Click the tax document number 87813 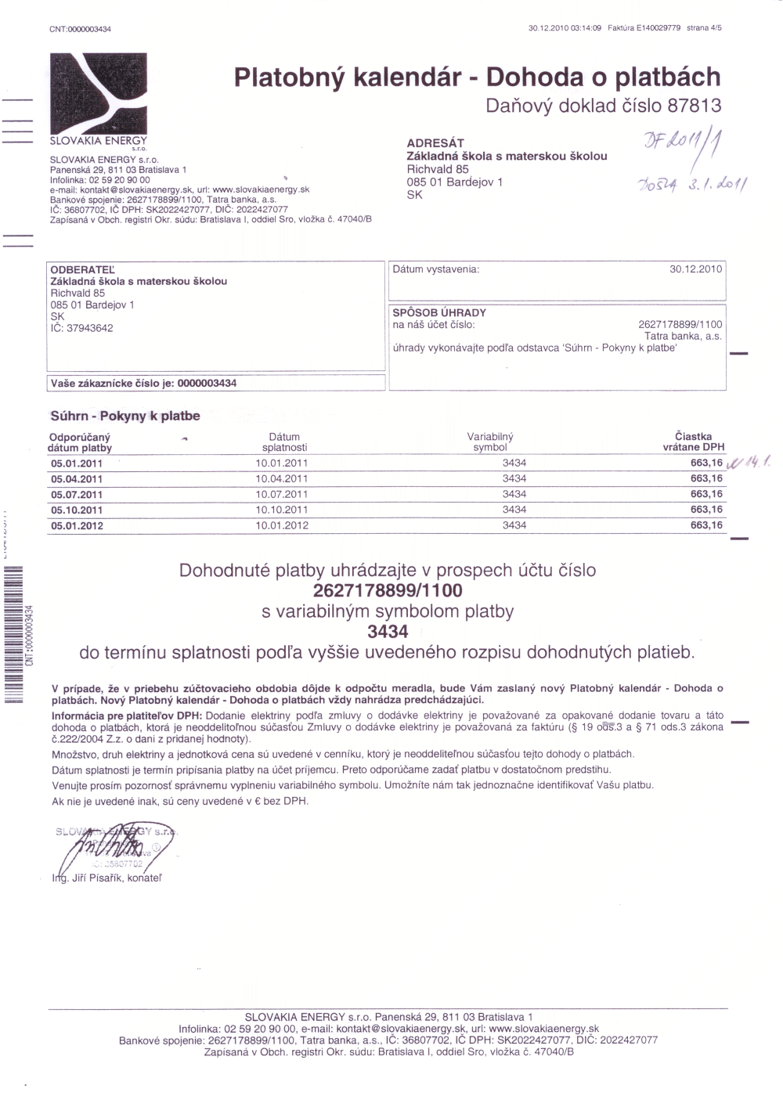pyautogui.click(x=694, y=106)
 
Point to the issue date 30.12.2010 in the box pyautogui.click(x=695, y=269)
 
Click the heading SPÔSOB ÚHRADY pyautogui.click(x=439, y=312)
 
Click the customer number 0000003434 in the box pyautogui.click(x=207, y=384)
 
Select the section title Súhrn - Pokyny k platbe pyautogui.click(x=125, y=416)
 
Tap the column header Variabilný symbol pyautogui.click(x=490, y=442)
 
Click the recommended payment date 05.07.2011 pyautogui.click(x=77, y=495)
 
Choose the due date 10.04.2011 pyautogui.click(x=282, y=478)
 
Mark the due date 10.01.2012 pyautogui.click(x=282, y=525)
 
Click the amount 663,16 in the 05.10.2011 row pyautogui.click(x=706, y=510)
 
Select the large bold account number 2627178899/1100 pyautogui.click(x=388, y=590)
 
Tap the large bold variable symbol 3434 pyautogui.click(x=388, y=632)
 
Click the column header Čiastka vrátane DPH pyautogui.click(x=693, y=442)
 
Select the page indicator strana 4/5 pyautogui.click(x=705, y=28)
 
